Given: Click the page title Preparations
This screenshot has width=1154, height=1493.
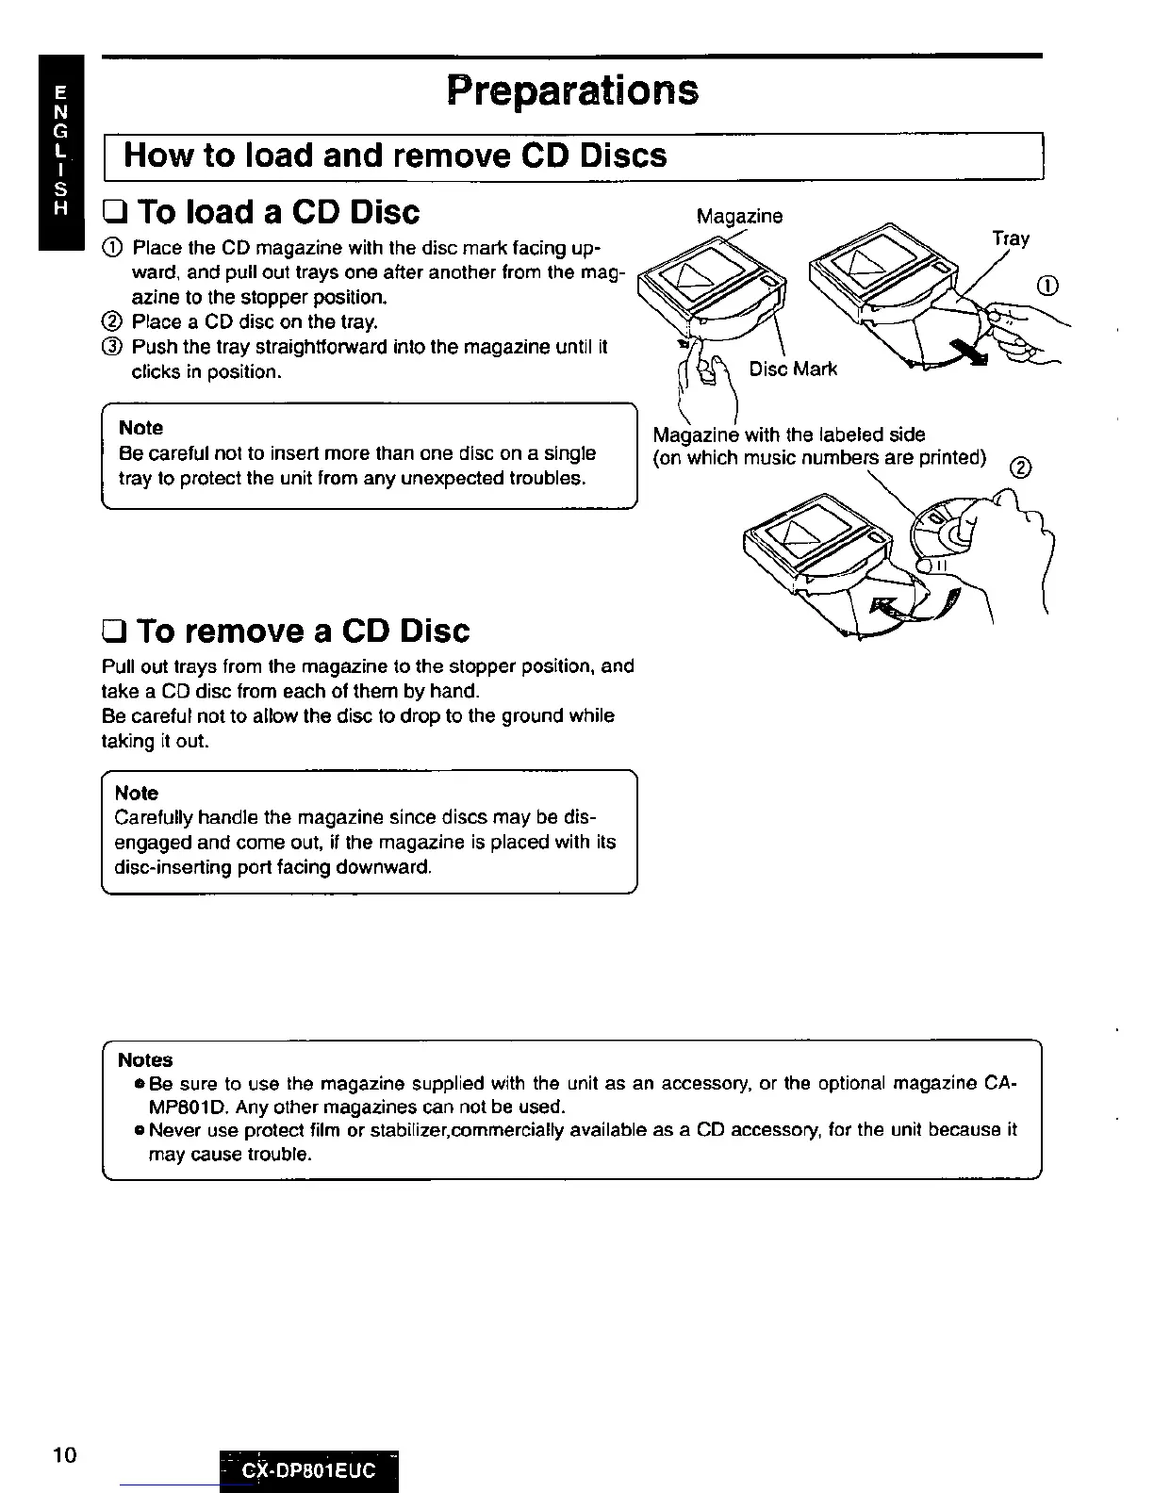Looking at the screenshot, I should pos(573,90).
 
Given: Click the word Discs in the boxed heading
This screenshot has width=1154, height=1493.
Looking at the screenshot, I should pos(623,156).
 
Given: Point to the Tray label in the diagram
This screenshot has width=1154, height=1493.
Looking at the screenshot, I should pos(1010,238).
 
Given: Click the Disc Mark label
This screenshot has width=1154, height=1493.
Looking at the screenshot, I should pos(792,369).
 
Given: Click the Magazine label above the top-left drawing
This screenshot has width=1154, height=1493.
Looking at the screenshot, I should pos(739,216).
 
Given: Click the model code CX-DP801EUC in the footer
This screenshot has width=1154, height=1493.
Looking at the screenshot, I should pos(308,1470).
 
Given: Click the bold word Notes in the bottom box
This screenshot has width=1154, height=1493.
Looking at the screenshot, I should pos(145,1060).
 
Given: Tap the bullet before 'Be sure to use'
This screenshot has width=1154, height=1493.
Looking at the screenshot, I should pos(139,1084).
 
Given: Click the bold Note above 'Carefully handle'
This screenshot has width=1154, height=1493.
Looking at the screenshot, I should pos(136,793).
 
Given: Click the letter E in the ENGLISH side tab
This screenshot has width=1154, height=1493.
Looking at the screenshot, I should pos(60,93).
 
